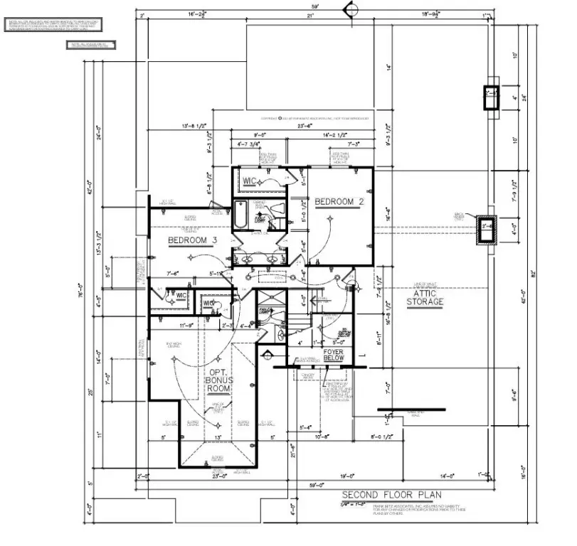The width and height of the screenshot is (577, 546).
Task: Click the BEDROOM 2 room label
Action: click(x=339, y=203)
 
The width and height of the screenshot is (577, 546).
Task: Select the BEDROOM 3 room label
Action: click(x=192, y=240)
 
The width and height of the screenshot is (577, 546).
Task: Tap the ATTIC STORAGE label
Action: click(x=425, y=297)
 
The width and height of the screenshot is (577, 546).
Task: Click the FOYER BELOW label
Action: click(x=333, y=355)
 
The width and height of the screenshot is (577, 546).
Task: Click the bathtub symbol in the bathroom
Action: click(x=242, y=215)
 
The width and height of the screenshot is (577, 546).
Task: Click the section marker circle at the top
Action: click(x=349, y=9)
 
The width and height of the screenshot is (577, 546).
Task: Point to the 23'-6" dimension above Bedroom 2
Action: click(x=305, y=126)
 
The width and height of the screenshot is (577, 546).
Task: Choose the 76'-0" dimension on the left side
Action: click(x=81, y=291)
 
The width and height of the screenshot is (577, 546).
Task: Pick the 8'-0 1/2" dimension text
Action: click(x=381, y=437)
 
